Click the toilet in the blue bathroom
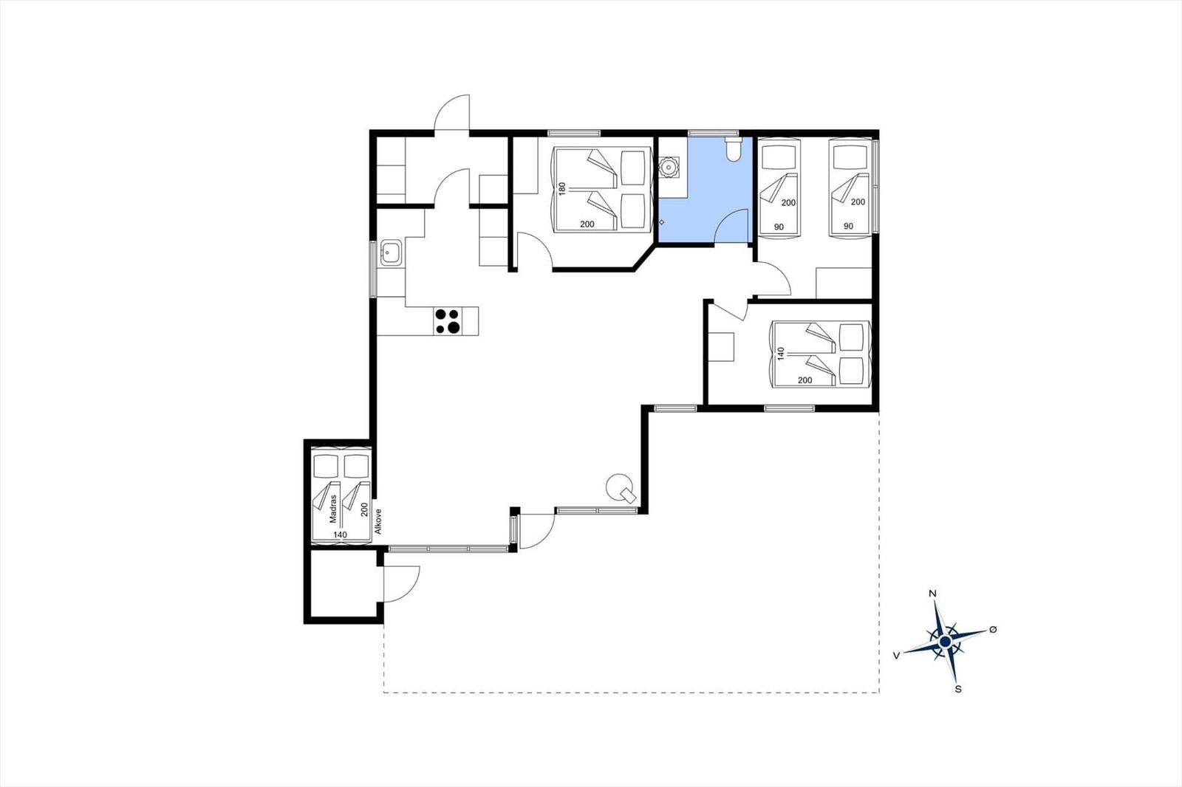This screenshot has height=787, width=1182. tap(734, 148)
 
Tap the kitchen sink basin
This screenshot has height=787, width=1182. tap(391, 252)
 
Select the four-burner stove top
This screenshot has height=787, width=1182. tap(448, 321)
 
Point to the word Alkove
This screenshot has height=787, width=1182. tap(378, 521)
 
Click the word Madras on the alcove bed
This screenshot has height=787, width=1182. tap(333, 509)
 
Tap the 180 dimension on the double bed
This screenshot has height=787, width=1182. tap(562, 188)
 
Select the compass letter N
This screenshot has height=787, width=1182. tap(932, 594)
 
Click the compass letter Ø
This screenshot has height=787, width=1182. tap(993, 629)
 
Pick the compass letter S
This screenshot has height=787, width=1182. tap(958, 689)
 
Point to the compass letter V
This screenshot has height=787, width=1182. tap(896, 655)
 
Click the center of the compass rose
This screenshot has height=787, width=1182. tap(945, 642)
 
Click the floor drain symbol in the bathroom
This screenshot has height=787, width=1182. tap(662, 223)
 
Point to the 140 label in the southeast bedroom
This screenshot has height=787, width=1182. tap(782, 353)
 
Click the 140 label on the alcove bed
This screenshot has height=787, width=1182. tap(341, 535)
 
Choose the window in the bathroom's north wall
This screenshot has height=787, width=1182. tap(713, 133)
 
